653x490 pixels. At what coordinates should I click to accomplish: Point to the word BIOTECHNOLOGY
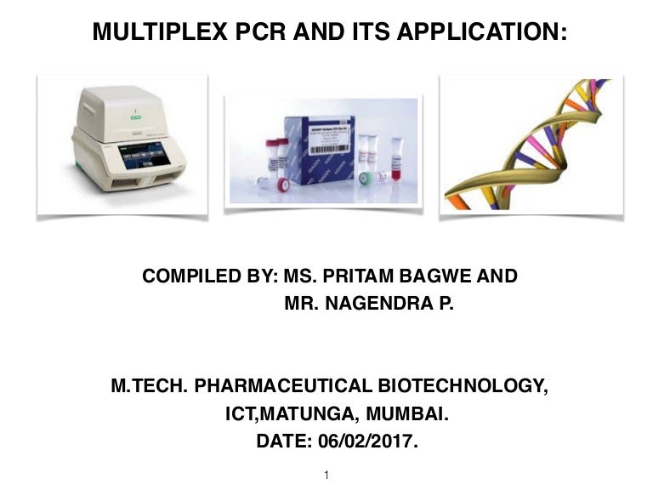462,386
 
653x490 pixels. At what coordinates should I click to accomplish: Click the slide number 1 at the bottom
326,474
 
